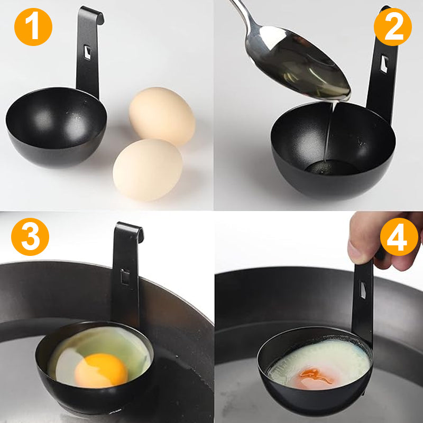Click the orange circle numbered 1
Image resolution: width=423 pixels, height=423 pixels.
pos(33,27)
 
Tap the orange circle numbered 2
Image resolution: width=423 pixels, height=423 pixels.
pos(392,27)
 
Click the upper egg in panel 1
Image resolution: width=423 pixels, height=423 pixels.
pos(162,116)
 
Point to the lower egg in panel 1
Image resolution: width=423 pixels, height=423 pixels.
pos(148,169)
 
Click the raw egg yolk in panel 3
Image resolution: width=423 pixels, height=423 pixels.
pos(100,370)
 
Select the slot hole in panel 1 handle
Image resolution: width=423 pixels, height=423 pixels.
pos(88,52)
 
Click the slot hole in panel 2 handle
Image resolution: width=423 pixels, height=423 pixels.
pos(385,64)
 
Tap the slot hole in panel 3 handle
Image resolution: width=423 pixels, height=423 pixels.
pos(125,277)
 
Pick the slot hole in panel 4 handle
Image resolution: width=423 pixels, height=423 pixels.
pos(362,290)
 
